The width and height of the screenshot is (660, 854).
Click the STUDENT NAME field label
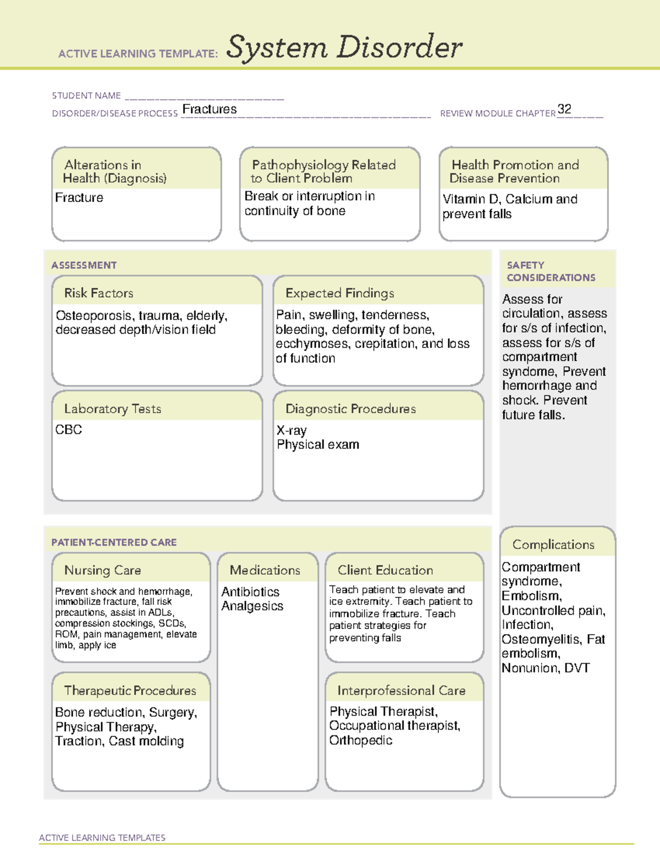click(x=86, y=96)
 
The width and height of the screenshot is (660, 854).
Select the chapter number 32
click(x=564, y=109)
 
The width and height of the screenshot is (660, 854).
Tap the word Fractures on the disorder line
click(x=210, y=109)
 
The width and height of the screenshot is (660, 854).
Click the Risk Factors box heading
click(x=99, y=293)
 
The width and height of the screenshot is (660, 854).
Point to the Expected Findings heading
click(x=339, y=293)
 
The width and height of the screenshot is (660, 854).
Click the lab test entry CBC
click(x=69, y=429)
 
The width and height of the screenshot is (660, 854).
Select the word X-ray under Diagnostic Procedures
click(x=291, y=430)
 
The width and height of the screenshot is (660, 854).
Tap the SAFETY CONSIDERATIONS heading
click(x=551, y=271)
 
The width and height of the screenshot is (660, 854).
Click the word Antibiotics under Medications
click(x=250, y=592)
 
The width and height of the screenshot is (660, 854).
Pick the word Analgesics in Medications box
click(x=252, y=606)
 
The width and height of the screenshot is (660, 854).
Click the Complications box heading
click(x=553, y=544)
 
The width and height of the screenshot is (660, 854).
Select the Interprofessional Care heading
click(x=401, y=690)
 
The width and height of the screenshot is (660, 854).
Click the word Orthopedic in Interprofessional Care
click(x=361, y=740)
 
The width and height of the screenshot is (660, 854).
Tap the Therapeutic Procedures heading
click(x=130, y=690)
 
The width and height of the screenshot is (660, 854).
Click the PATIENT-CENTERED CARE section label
click(x=114, y=542)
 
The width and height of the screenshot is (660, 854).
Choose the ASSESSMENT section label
click(x=84, y=265)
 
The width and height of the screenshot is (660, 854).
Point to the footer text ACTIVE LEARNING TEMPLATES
click(x=102, y=838)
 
